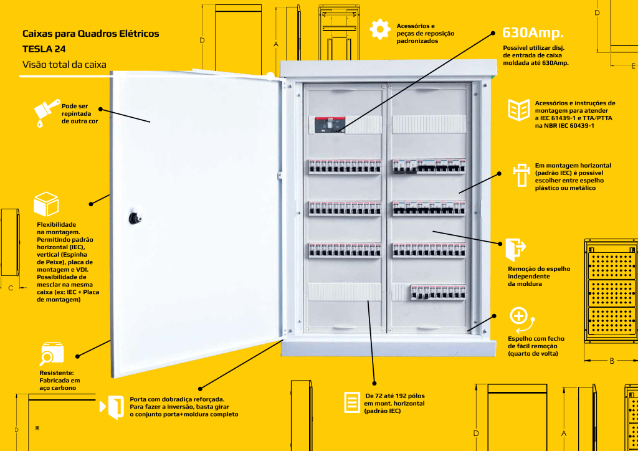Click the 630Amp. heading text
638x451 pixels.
pos(533,32)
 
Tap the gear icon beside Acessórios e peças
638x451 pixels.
pos(379,30)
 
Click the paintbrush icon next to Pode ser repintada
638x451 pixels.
pos(45,115)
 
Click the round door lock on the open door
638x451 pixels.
pos(133,218)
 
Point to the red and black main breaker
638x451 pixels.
pos(329,125)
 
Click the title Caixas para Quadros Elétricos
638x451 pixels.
pos(90,34)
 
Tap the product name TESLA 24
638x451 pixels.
pos(44,49)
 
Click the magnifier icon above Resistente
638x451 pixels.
pos(51,354)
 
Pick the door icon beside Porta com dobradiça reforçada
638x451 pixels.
pos(115,406)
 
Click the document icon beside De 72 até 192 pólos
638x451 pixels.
pos(352,402)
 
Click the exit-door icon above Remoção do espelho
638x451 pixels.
pos(515,250)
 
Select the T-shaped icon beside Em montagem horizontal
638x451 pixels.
pos(519,175)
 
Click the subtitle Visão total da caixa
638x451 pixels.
pos(64,64)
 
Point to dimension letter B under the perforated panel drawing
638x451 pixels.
pos(612,361)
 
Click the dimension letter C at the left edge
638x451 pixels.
pos(11,288)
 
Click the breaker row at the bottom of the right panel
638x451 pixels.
pos(437,292)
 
